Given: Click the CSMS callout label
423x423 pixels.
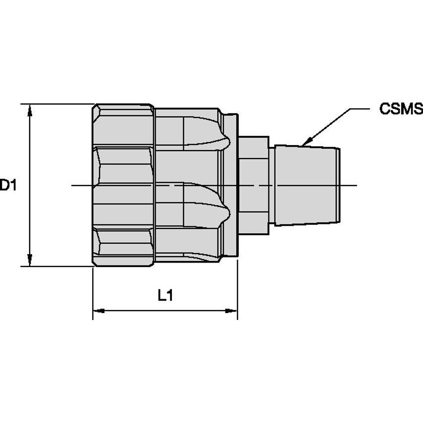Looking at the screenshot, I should (x=401, y=109).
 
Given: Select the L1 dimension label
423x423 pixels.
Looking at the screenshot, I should (x=165, y=296).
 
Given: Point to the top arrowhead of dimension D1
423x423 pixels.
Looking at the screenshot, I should (x=30, y=109).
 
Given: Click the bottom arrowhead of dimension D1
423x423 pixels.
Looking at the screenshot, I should (x=30, y=261).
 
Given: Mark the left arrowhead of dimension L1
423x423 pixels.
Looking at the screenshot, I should (x=99, y=311).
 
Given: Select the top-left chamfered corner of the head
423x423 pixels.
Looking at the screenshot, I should (x=96, y=108).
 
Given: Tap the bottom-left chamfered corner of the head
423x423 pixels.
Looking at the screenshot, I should (x=96, y=262).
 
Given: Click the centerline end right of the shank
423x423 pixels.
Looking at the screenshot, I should (x=356, y=186).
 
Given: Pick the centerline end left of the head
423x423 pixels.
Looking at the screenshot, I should (x=73, y=186).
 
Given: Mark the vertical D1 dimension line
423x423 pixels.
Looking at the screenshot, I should (x=30, y=149).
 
